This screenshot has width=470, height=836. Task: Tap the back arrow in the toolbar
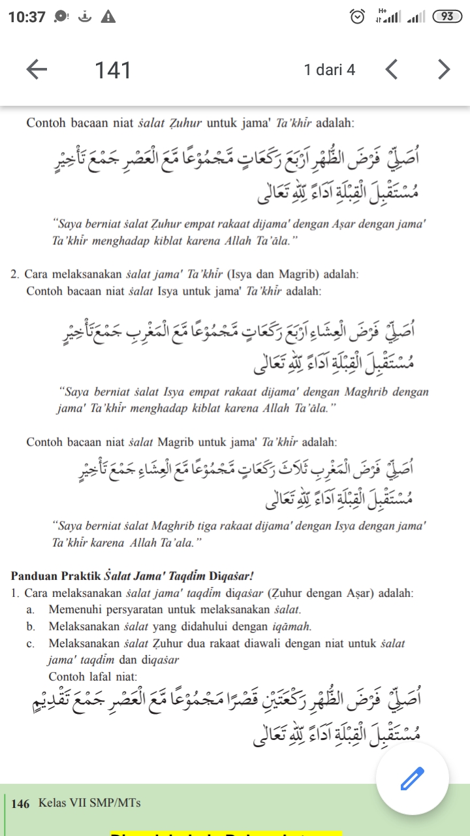point(37,69)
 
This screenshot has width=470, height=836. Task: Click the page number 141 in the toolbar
point(113,70)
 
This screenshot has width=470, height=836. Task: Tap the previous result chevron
point(392,69)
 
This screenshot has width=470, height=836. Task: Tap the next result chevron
point(444,69)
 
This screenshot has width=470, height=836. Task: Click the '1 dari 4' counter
point(330,70)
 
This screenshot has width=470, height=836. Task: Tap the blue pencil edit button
point(412,778)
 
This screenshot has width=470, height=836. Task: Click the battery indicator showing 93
point(447,16)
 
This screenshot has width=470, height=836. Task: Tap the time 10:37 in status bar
point(27,17)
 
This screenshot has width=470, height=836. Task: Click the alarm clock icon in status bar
point(357,17)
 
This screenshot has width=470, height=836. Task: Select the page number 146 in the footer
point(20,804)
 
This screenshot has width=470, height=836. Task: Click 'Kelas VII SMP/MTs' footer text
point(89,803)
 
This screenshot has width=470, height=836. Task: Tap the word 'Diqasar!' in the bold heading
point(231,576)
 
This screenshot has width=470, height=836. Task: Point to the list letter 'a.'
point(31,610)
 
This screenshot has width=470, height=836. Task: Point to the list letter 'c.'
point(31,644)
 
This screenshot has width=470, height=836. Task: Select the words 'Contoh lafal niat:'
point(93,677)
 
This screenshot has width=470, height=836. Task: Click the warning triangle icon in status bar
point(108,17)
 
